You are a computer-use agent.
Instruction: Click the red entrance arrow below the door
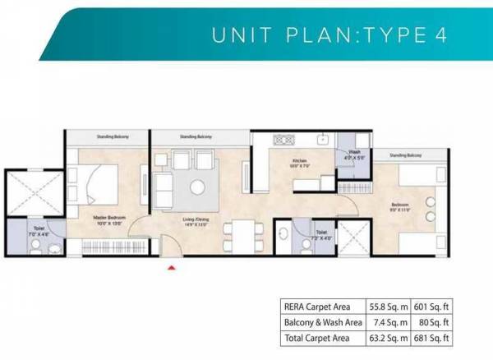point(171,266)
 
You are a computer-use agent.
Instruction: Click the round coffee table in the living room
point(198,187)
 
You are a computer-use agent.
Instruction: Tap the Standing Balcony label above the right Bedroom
point(406,154)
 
